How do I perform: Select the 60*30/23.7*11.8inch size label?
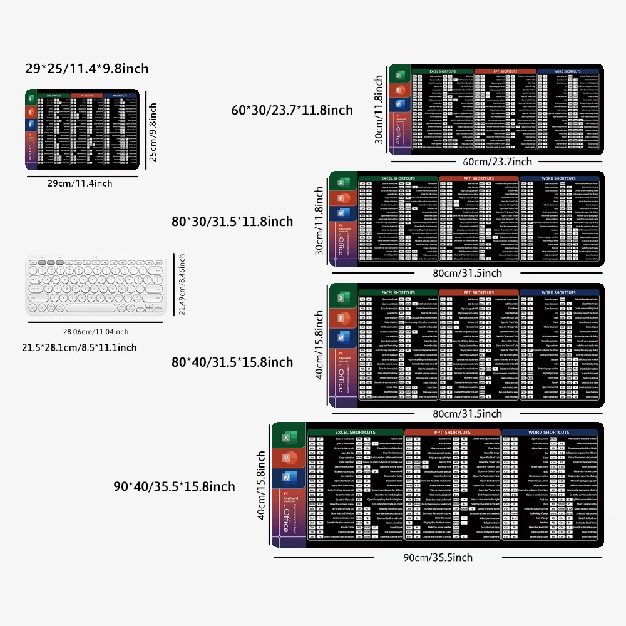tap(292, 110)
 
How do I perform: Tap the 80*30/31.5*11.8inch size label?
tap(232, 222)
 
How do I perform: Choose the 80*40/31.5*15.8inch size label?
tap(232, 362)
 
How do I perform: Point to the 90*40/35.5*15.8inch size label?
tap(174, 486)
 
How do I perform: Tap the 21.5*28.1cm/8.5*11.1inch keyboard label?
tap(80, 347)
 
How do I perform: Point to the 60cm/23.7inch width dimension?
tap(497, 162)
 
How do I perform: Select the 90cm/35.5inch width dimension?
tap(438, 557)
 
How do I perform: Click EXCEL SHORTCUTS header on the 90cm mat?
tap(355, 433)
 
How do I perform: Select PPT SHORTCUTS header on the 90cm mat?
tap(452, 433)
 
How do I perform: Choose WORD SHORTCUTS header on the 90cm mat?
tap(548, 433)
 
